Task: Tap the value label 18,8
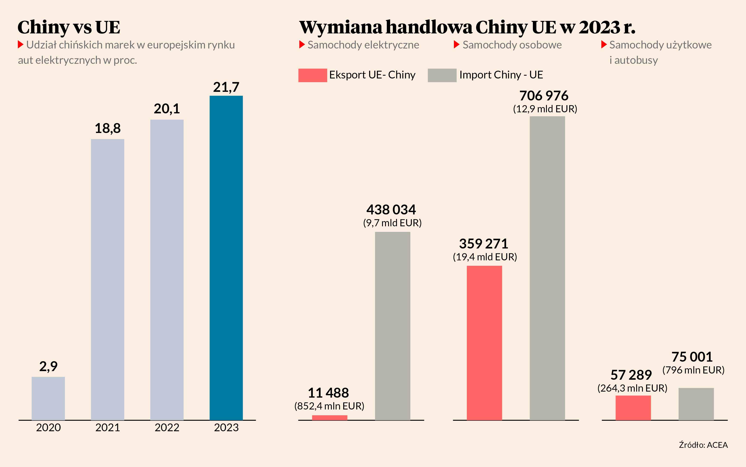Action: tap(108, 128)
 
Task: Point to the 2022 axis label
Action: tap(167, 428)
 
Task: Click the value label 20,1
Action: tap(167, 109)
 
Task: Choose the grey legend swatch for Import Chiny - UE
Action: tap(442, 75)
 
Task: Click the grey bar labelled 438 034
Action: tap(392, 326)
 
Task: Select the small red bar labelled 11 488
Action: tap(330, 418)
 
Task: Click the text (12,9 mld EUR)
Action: tap(545, 109)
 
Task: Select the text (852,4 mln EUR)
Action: tap(329, 406)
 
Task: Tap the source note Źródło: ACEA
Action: tap(703, 445)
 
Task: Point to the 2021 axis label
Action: tap(108, 428)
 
